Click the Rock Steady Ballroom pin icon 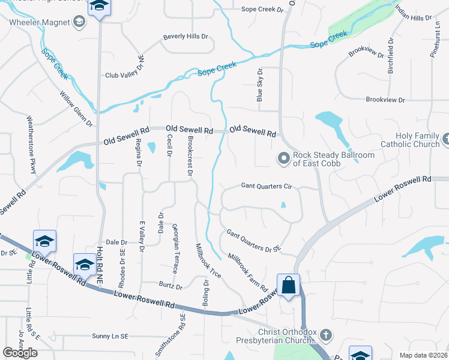[x=283, y=159]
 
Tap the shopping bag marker [x=288, y=286]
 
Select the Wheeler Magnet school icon [x=78, y=23]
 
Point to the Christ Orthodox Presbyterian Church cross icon [x=325, y=334]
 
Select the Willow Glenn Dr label [x=76, y=109]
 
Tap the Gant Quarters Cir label [x=266, y=187]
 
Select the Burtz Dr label [x=170, y=286]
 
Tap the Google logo [x=20, y=353]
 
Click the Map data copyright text [x=423, y=355]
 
